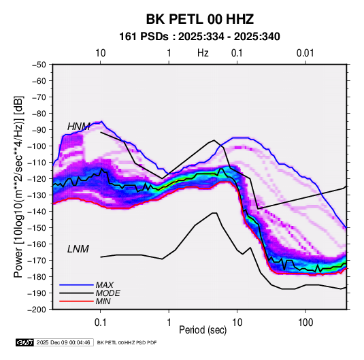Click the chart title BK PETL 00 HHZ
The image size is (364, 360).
[x=199, y=19]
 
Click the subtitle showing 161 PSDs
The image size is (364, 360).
[x=199, y=37]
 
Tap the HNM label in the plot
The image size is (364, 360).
[x=79, y=127]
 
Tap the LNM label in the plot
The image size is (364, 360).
[x=78, y=249]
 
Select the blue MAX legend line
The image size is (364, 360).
[x=76, y=285]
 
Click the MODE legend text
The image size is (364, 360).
[x=107, y=293]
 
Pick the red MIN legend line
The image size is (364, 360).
[x=76, y=301]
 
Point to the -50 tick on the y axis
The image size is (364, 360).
[x=39, y=65]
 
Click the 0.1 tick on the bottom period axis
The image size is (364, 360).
[x=100, y=323]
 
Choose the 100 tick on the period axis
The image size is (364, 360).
[x=305, y=323]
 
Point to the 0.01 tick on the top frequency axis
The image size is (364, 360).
[x=305, y=53]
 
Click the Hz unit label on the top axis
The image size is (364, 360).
[x=203, y=53]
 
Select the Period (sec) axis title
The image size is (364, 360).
[x=203, y=330]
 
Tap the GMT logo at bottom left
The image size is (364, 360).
[x=24, y=342]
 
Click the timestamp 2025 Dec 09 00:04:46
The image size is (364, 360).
[x=63, y=342]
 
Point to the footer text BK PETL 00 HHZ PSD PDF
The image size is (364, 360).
[x=127, y=342]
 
